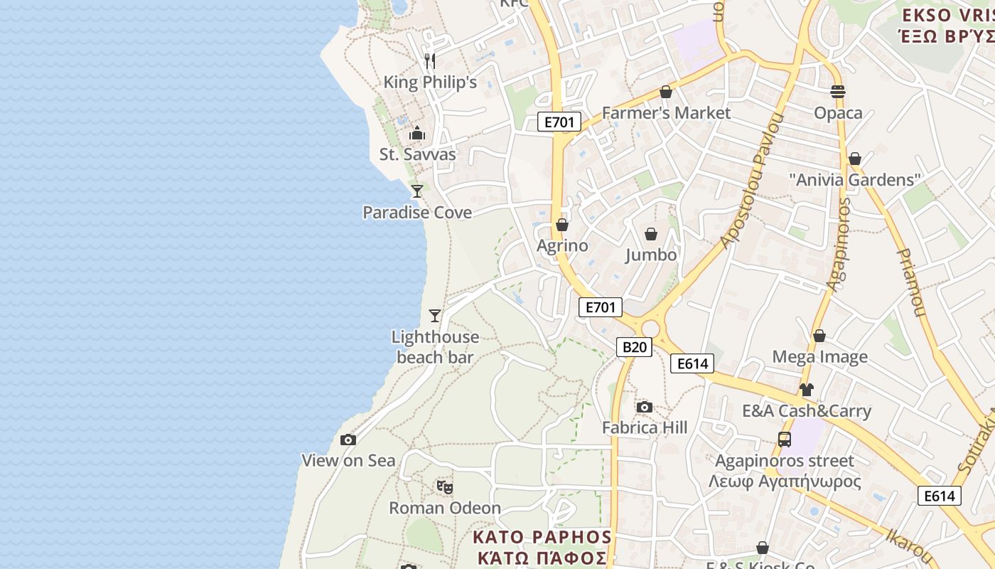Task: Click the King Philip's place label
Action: [x=430, y=83]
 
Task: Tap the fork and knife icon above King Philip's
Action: [x=429, y=60]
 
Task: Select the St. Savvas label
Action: [x=418, y=154]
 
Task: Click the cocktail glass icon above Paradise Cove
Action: [x=417, y=191]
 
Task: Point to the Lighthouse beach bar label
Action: [x=435, y=347]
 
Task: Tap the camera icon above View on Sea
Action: [x=348, y=440]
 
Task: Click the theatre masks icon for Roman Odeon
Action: [x=445, y=487]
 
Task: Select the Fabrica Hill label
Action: [x=645, y=427]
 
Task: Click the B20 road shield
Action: [x=633, y=347]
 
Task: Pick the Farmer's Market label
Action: [x=666, y=113]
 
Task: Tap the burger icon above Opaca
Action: [x=838, y=91]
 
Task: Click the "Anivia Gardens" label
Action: [x=855, y=180]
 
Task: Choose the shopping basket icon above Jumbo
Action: [x=651, y=234]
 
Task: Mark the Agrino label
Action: [x=562, y=246]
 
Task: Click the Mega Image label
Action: [x=819, y=357]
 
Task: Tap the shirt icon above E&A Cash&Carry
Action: [x=806, y=390]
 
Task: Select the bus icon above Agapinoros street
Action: [x=785, y=440]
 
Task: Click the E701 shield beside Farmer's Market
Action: [x=559, y=122]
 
